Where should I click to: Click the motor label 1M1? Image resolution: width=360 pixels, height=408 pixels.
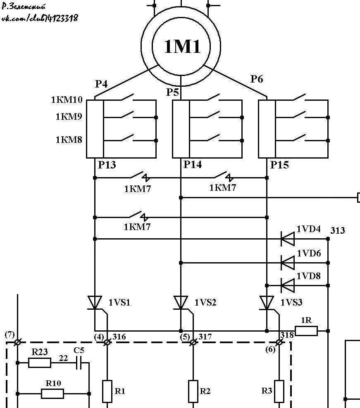182,46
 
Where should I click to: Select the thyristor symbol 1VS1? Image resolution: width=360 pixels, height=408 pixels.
95,303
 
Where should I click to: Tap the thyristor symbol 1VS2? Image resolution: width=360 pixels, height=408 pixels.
181,303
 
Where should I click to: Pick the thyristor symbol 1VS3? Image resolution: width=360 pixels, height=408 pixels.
267,303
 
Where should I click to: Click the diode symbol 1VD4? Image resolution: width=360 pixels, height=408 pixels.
288,239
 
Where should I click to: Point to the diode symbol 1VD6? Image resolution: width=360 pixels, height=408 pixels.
288,263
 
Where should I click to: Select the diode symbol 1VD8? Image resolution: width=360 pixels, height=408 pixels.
288,285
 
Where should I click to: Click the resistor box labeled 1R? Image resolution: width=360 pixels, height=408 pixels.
306,331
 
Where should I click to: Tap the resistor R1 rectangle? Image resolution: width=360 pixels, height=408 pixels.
107,391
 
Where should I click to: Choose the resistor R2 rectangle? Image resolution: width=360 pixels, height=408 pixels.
193,391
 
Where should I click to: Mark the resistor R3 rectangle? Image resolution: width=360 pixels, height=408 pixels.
279,391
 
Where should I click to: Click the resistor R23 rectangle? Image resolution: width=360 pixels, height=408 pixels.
40,363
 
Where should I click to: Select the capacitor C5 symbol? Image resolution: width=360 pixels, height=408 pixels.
79,363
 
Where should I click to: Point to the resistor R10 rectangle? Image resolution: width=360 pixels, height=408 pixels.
52,394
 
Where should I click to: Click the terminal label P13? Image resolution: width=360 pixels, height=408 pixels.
107,165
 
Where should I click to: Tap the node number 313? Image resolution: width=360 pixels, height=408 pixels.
338,230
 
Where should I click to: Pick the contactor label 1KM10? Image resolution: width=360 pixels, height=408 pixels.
67,100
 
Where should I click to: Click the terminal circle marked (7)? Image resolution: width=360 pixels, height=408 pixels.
17,342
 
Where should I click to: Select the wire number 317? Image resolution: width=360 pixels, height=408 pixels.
205,337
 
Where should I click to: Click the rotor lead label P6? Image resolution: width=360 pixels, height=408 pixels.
257,79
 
